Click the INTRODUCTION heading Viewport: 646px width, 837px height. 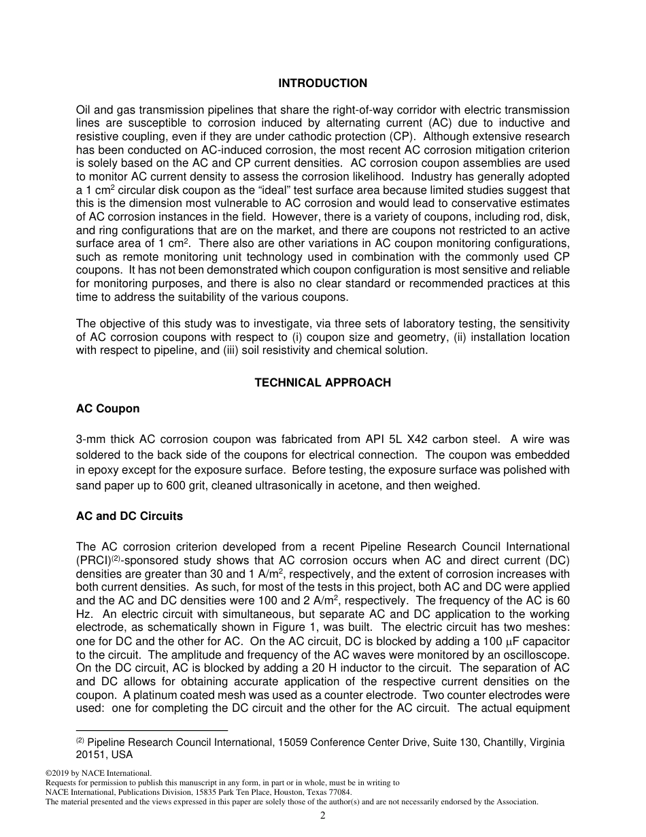[322, 83]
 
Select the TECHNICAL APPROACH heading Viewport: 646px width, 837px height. [322, 382]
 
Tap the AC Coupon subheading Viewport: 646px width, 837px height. [107, 408]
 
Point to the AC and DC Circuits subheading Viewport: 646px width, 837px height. [129, 516]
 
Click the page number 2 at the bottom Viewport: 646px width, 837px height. [323, 816]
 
